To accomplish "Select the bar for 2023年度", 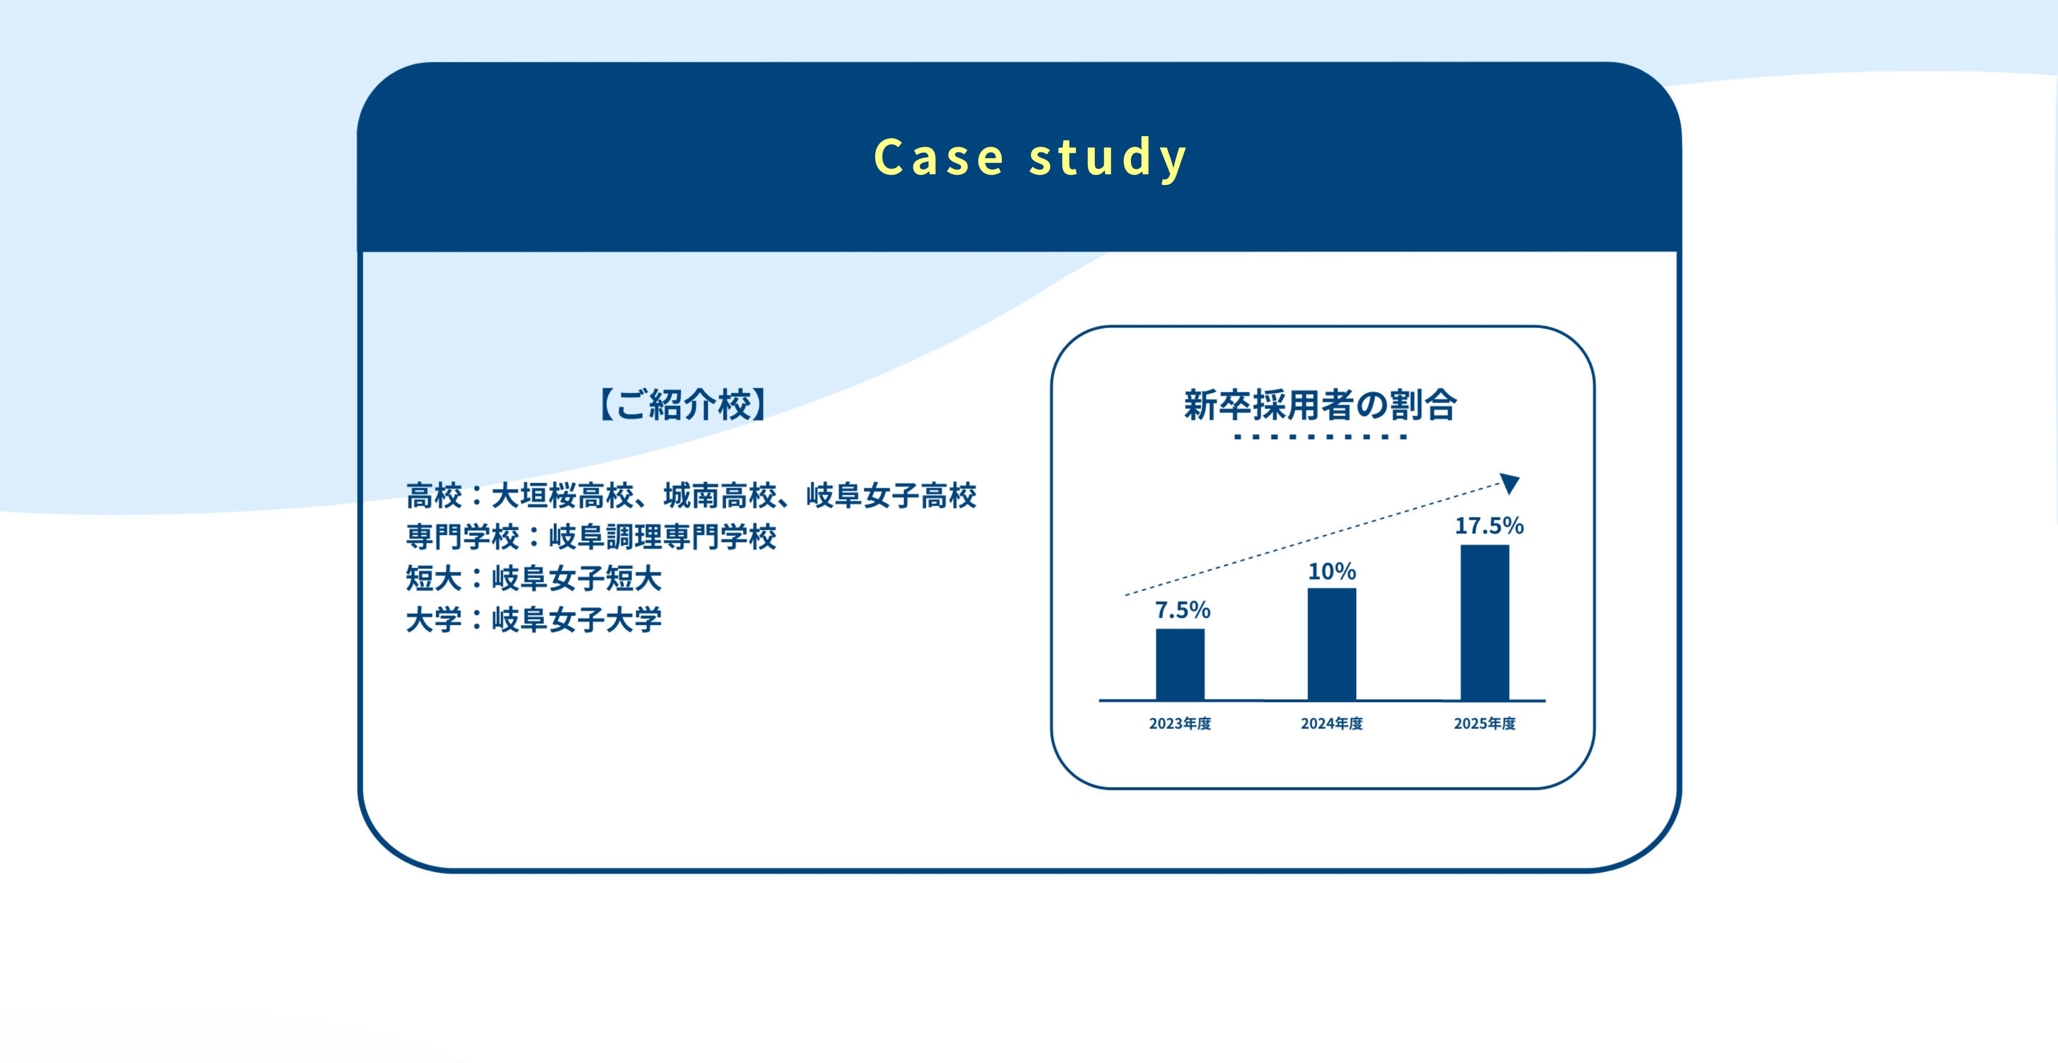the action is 1180,664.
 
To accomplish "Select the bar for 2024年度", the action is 1332,644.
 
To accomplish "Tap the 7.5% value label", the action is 1182,610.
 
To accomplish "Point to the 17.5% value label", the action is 1489,525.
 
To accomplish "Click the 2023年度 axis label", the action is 1180,723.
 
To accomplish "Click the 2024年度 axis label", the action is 1332,723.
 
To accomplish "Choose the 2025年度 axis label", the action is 1484,723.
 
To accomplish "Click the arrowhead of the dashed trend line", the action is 1510,483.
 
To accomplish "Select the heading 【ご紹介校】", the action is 683,405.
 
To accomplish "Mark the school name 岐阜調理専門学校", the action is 662,537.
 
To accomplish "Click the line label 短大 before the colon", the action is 434,578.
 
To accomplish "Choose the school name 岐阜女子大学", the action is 577,620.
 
